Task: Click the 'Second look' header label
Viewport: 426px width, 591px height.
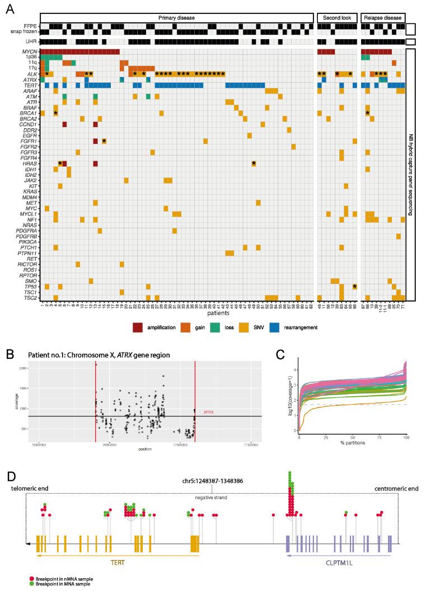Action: [335, 17]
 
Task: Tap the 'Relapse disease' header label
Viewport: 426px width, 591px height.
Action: [383, 17]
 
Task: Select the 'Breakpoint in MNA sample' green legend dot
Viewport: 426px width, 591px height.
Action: [32, 583]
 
